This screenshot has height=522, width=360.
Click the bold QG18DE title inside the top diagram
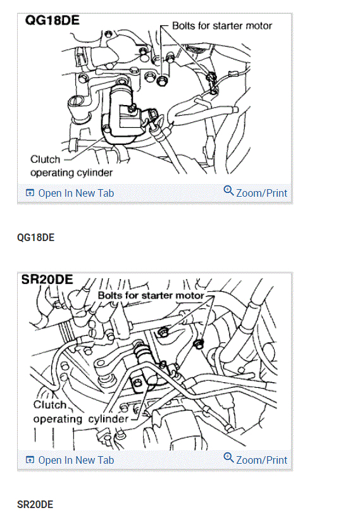[53, 20]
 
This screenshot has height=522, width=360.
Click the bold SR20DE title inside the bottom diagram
[47, 279]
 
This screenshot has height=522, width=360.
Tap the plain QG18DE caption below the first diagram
[35, 237]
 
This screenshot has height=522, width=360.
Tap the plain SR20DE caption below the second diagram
[35, 504]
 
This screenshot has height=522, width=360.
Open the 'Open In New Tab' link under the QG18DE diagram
[76, 193]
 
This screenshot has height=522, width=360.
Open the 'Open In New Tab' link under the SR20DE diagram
[76, 460]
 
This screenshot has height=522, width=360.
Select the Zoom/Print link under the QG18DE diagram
[261, 193]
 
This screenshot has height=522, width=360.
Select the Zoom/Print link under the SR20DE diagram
[261, 460]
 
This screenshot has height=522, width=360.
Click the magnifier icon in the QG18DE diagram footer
[228, 190]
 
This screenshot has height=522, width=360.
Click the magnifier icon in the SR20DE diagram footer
[228, 457]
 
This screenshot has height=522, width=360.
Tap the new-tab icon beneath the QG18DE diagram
[30, 193]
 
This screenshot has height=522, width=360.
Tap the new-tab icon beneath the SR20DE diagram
[30, 460]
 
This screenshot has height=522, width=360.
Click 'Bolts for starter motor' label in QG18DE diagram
[222, 26]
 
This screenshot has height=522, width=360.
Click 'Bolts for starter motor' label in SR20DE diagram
[151, 295]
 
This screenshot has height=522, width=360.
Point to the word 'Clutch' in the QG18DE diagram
[46, 159]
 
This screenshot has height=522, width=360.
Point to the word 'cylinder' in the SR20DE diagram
[109, 419]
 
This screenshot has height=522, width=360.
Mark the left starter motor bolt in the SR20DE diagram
[163, 332]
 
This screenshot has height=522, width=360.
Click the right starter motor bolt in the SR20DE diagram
[199, 344]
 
